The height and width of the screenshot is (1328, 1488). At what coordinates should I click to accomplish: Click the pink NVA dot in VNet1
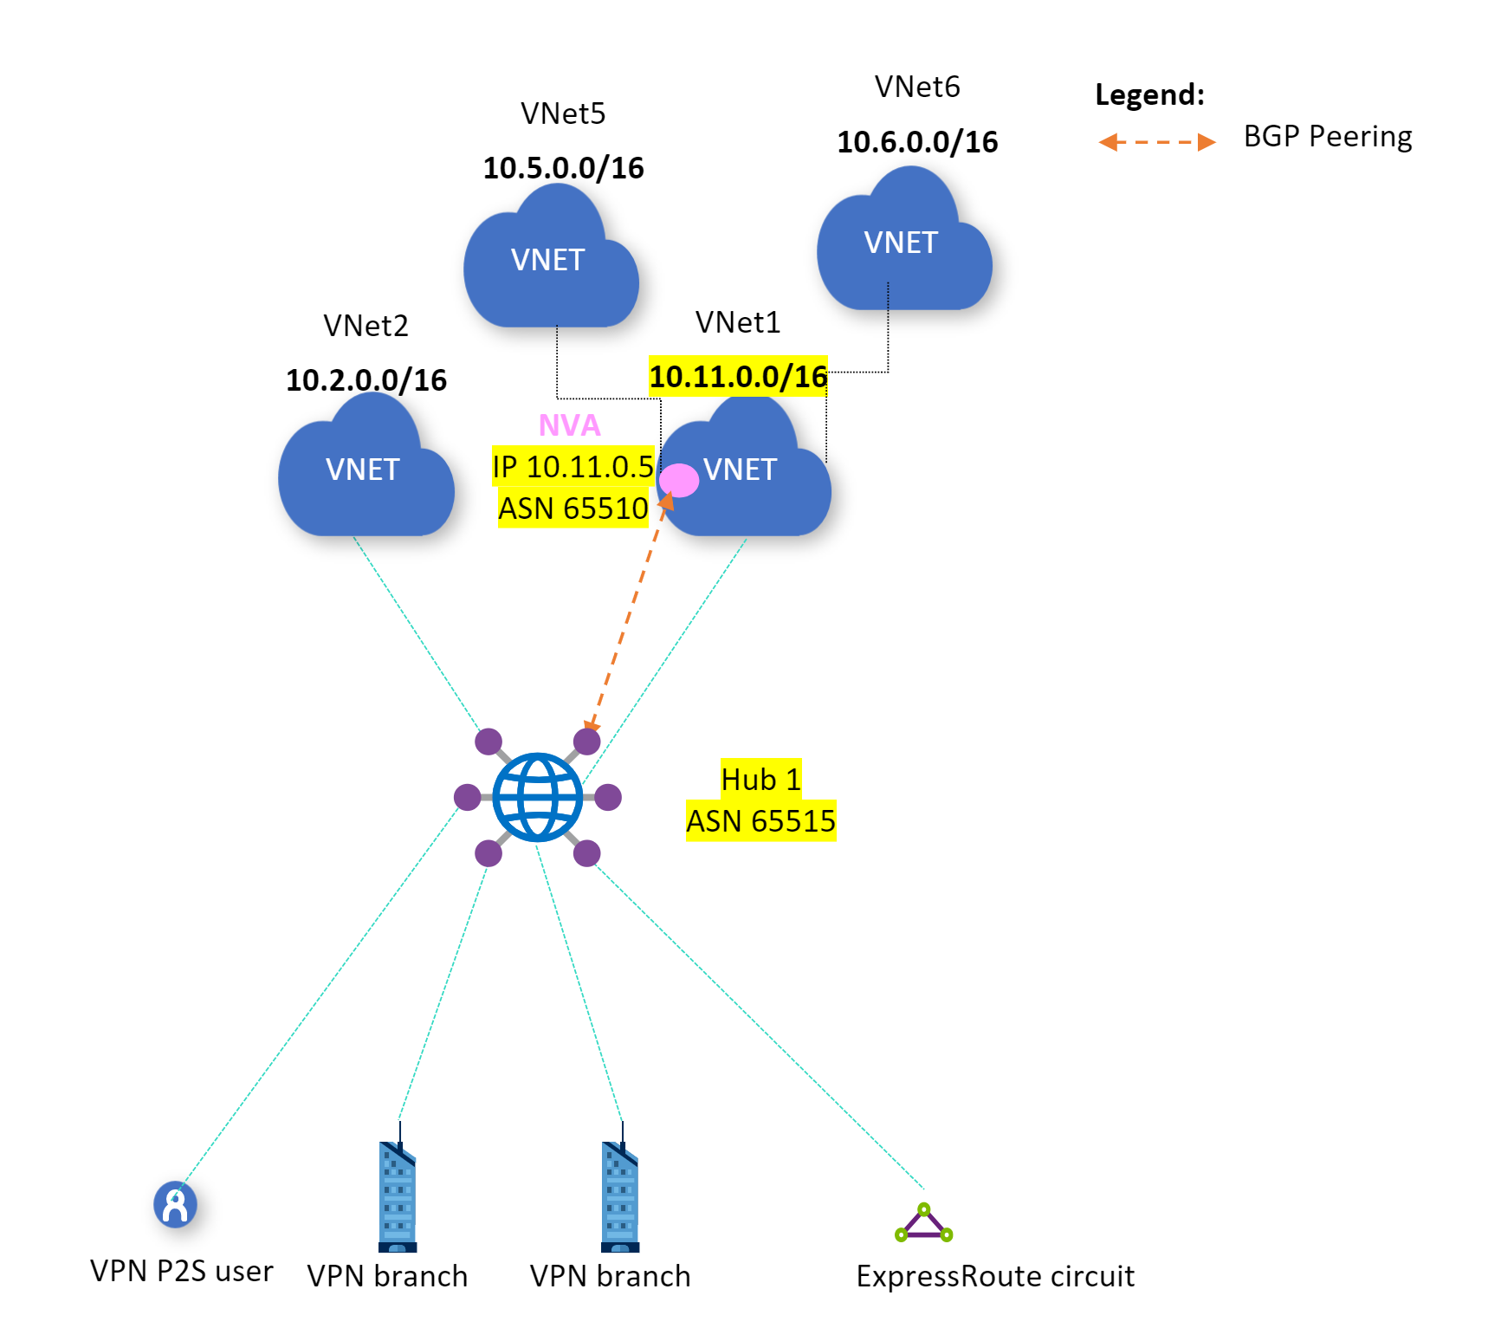(679, 480)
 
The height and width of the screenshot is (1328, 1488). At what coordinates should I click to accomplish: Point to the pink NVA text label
(569, 425)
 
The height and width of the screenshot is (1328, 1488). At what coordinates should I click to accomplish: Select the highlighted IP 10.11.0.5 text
(573, 467)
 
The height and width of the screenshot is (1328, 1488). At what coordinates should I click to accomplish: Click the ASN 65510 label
(573, 509)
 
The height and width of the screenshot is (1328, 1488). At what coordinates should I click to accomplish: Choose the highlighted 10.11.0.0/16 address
(738, 377)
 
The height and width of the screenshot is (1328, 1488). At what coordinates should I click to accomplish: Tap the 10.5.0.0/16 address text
(563, 168)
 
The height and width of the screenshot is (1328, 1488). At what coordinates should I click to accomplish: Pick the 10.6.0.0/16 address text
(917, 142)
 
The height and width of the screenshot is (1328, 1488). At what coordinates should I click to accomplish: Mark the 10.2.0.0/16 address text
(366, 380)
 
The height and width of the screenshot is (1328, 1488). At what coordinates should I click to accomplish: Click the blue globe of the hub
(538, 797)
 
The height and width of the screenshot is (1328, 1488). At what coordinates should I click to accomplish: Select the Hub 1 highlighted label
(760, 780)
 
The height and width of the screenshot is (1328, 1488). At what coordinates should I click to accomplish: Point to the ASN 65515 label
(760, 821)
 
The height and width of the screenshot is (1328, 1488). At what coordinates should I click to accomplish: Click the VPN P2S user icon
(175, 1204)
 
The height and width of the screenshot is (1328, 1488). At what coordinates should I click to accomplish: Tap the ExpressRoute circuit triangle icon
(924, 1222)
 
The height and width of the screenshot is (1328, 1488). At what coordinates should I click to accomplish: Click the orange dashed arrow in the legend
(1156, 142)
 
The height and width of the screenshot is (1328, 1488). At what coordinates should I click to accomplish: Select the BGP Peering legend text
(1327, 137)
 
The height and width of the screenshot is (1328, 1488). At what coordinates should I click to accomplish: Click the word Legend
(1149, 94)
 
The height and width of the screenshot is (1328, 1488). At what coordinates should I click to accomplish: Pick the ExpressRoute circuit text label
(995, 1276)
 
